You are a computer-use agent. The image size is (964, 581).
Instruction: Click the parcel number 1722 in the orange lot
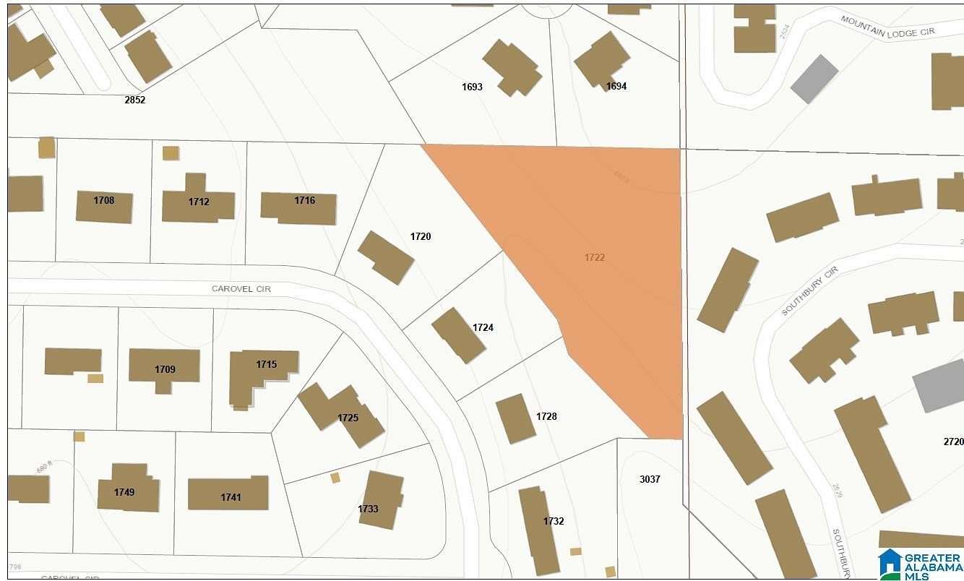(594, 257)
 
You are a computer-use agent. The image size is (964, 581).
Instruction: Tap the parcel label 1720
(421, 236)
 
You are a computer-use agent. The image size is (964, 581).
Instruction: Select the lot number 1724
(483, 327)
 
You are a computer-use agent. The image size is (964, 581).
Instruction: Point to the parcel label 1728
(546, 416)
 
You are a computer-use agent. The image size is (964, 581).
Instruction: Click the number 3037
(650, 479)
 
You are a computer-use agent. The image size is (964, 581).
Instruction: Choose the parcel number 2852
(135, 100)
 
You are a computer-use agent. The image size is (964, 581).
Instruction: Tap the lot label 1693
(472, 87)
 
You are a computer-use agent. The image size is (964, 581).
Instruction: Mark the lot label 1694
(616, 86)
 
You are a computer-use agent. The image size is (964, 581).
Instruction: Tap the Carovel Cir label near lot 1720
(241, 288)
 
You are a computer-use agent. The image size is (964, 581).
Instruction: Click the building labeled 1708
(105, 207)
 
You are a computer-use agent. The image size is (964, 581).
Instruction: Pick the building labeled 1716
(298, 208)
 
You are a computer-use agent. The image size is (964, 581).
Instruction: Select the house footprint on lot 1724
(458, 335)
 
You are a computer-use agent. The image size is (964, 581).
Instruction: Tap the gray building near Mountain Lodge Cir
(814, 79)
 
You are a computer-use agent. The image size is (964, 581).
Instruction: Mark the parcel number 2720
(953, 441)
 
